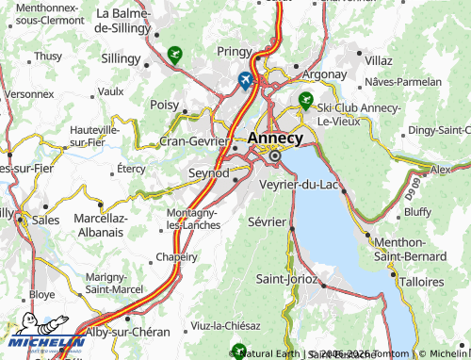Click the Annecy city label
point(277,139)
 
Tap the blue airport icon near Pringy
point(246,80)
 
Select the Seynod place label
point(210,174)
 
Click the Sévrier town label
point(267,222)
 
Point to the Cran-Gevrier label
point(194,140)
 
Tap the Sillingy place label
point(120,58)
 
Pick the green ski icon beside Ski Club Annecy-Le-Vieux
point(304,99)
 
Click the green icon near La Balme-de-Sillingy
point(173,55)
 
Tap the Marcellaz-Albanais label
point(100,226)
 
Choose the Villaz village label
point(377,59)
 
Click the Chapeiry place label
point(176,256)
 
